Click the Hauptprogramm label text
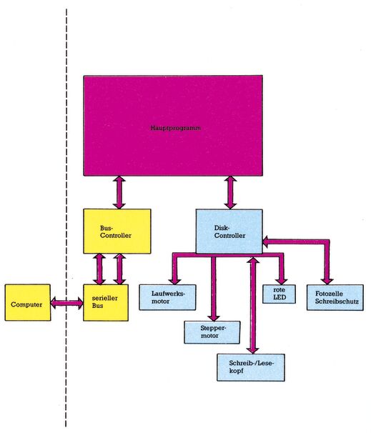pos(176,128)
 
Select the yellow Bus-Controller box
pos(117,231)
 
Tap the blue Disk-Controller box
pos(229,231)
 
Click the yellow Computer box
pos(28,302)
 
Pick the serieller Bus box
pos(106,302)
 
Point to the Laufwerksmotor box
pos(167,297)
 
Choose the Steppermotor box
pos(212,332)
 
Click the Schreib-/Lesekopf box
pos(251,367)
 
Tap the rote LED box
pos(279,294)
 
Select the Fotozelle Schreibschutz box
pos(335,297)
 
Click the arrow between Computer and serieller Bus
pos(67,303)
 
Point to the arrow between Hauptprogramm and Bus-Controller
pos(119,192)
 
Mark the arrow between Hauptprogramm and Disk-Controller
pos(230,192)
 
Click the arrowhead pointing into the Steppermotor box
pos(214,317)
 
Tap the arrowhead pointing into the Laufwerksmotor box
pos(174,281)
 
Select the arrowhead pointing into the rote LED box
pos(281,281)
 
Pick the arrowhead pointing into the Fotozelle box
pos(327,281)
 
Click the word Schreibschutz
pos(337,302)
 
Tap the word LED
pos(280,298)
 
